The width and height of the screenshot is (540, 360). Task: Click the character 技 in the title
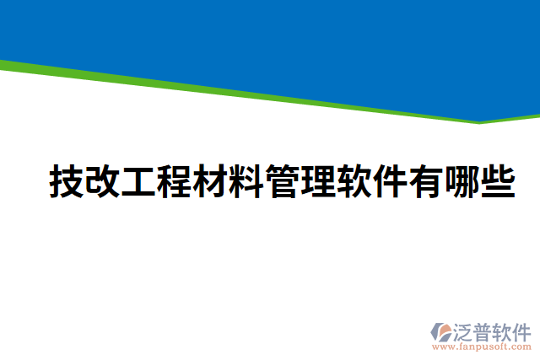(67, 181)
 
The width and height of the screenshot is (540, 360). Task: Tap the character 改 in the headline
(103, 181)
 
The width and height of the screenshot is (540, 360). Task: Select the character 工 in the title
(139, 181)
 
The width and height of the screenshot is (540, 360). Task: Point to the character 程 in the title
(175, 181)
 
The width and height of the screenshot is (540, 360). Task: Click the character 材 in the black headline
(211, 181)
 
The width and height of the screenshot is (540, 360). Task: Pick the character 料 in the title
(246, 181)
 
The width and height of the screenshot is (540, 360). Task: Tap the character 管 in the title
(283, 181)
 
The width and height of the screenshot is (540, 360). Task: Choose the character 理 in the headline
(318, 181)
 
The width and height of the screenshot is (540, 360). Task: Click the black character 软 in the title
(354, 181)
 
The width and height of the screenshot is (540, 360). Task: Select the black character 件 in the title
(390, 181)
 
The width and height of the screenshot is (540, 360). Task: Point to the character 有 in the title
(426, 181)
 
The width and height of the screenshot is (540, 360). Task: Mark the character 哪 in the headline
(462, 181)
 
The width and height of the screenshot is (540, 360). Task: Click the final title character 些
(498, 181)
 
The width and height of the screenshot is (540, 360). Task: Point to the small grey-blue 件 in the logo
(523, 330)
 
